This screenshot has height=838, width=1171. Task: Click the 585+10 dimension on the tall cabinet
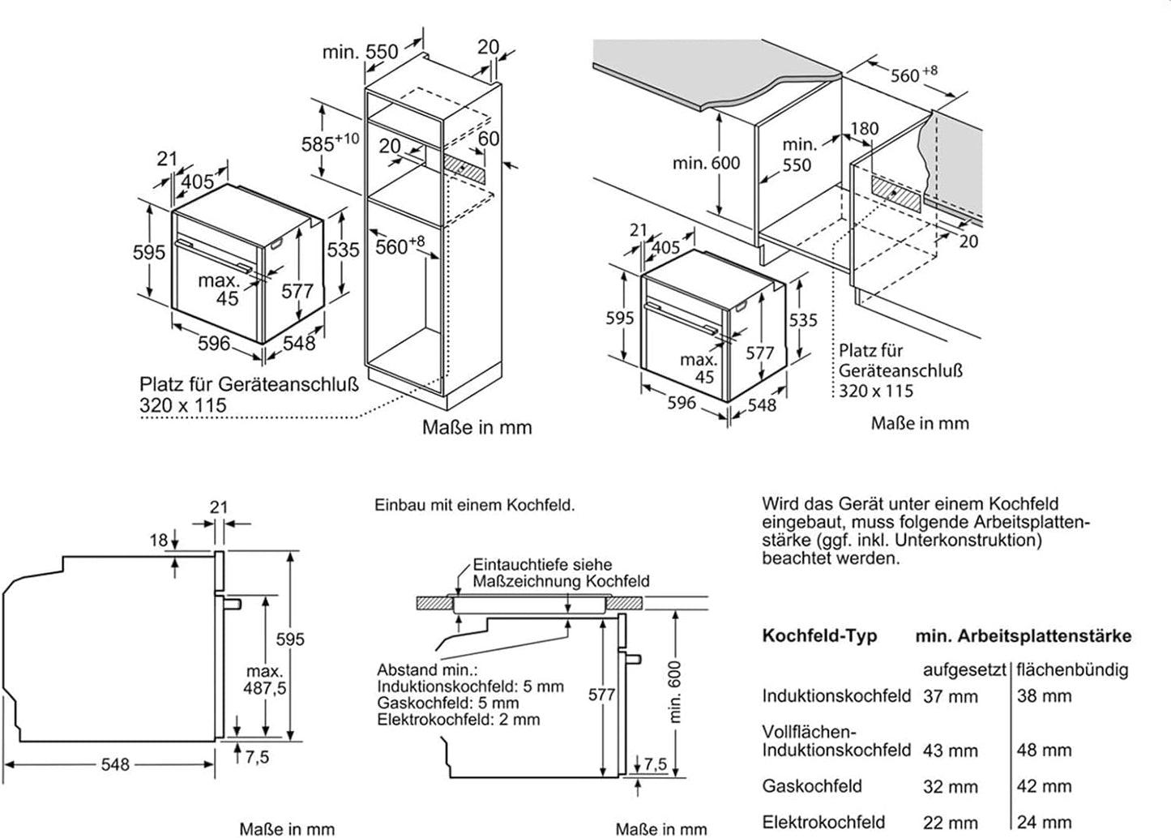click(330, 143)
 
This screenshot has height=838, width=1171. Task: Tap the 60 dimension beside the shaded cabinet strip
click(488, 139)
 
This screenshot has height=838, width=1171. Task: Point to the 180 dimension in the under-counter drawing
click(865, 128)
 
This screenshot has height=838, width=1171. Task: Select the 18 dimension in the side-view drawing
click(159, 540)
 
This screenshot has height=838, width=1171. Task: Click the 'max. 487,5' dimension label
click(265, 680)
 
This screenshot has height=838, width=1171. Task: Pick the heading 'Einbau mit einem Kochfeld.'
click(474, 505)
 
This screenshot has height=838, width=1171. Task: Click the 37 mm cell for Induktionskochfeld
click(950, 696)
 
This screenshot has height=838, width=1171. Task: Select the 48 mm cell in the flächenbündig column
click(1044, 750)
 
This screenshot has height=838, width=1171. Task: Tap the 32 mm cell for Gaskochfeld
click(950, 786)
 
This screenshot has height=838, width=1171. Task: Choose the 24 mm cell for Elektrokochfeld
click(1044, 822)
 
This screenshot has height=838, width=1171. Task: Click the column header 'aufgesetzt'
click(964, 670)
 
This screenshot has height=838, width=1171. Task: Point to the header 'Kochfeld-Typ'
click(819, 636)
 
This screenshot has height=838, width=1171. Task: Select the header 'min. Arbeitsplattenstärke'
click(1024, 636)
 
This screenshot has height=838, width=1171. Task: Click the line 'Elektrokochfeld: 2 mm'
click(458, 719)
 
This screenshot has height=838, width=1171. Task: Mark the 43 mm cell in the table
click(950, 750)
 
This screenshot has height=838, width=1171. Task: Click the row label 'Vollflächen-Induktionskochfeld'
click(836, 741)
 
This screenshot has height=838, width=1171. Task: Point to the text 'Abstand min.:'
click(427, 670)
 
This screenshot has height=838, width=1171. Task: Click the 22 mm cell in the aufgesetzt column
click(950, 822)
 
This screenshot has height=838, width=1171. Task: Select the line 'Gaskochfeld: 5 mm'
click(447, 703)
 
